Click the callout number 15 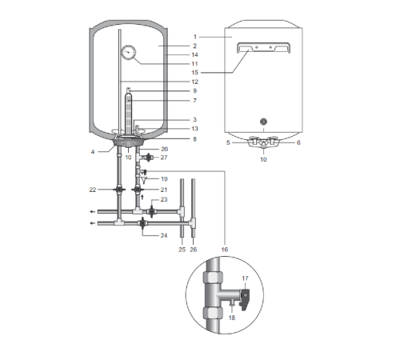tap(194, 73)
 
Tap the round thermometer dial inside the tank tap(129, 52)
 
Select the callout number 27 tap(164, 158)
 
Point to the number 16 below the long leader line tap(225, 250)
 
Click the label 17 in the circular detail tap(245, 278)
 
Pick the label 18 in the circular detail tap(232, 318)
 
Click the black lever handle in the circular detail tap(245, 299)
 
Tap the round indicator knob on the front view tap(263, 122)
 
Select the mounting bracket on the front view tap(263, 47)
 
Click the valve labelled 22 tap(119, 190)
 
